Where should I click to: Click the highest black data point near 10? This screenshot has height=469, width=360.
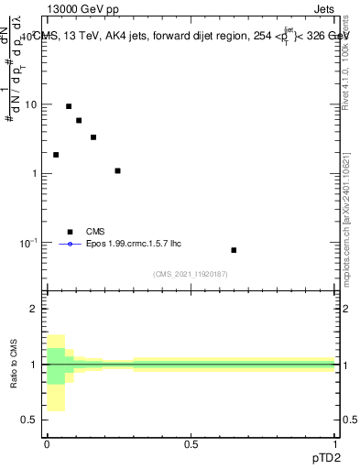[x=69, y=106]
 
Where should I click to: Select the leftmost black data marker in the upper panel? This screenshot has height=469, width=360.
[x=56, y=155]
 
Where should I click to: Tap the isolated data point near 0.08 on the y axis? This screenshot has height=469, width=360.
[x=234, y=250]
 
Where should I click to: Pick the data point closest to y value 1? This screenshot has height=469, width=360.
[x=117, y=170]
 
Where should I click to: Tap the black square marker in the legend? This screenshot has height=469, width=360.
[x=69, y=232]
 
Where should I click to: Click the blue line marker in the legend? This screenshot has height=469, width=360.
[x=69, y=245]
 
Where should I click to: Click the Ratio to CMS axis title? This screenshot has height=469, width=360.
[x=16, y=365]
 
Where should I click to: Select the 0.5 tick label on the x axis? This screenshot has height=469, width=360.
[x=191, y=444]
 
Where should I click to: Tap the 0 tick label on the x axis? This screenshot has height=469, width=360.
[x=46, y=444]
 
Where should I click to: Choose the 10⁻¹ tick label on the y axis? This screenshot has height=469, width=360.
[x=29, y=243]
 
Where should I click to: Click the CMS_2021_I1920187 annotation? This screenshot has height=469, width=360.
[x=191, y=273]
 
